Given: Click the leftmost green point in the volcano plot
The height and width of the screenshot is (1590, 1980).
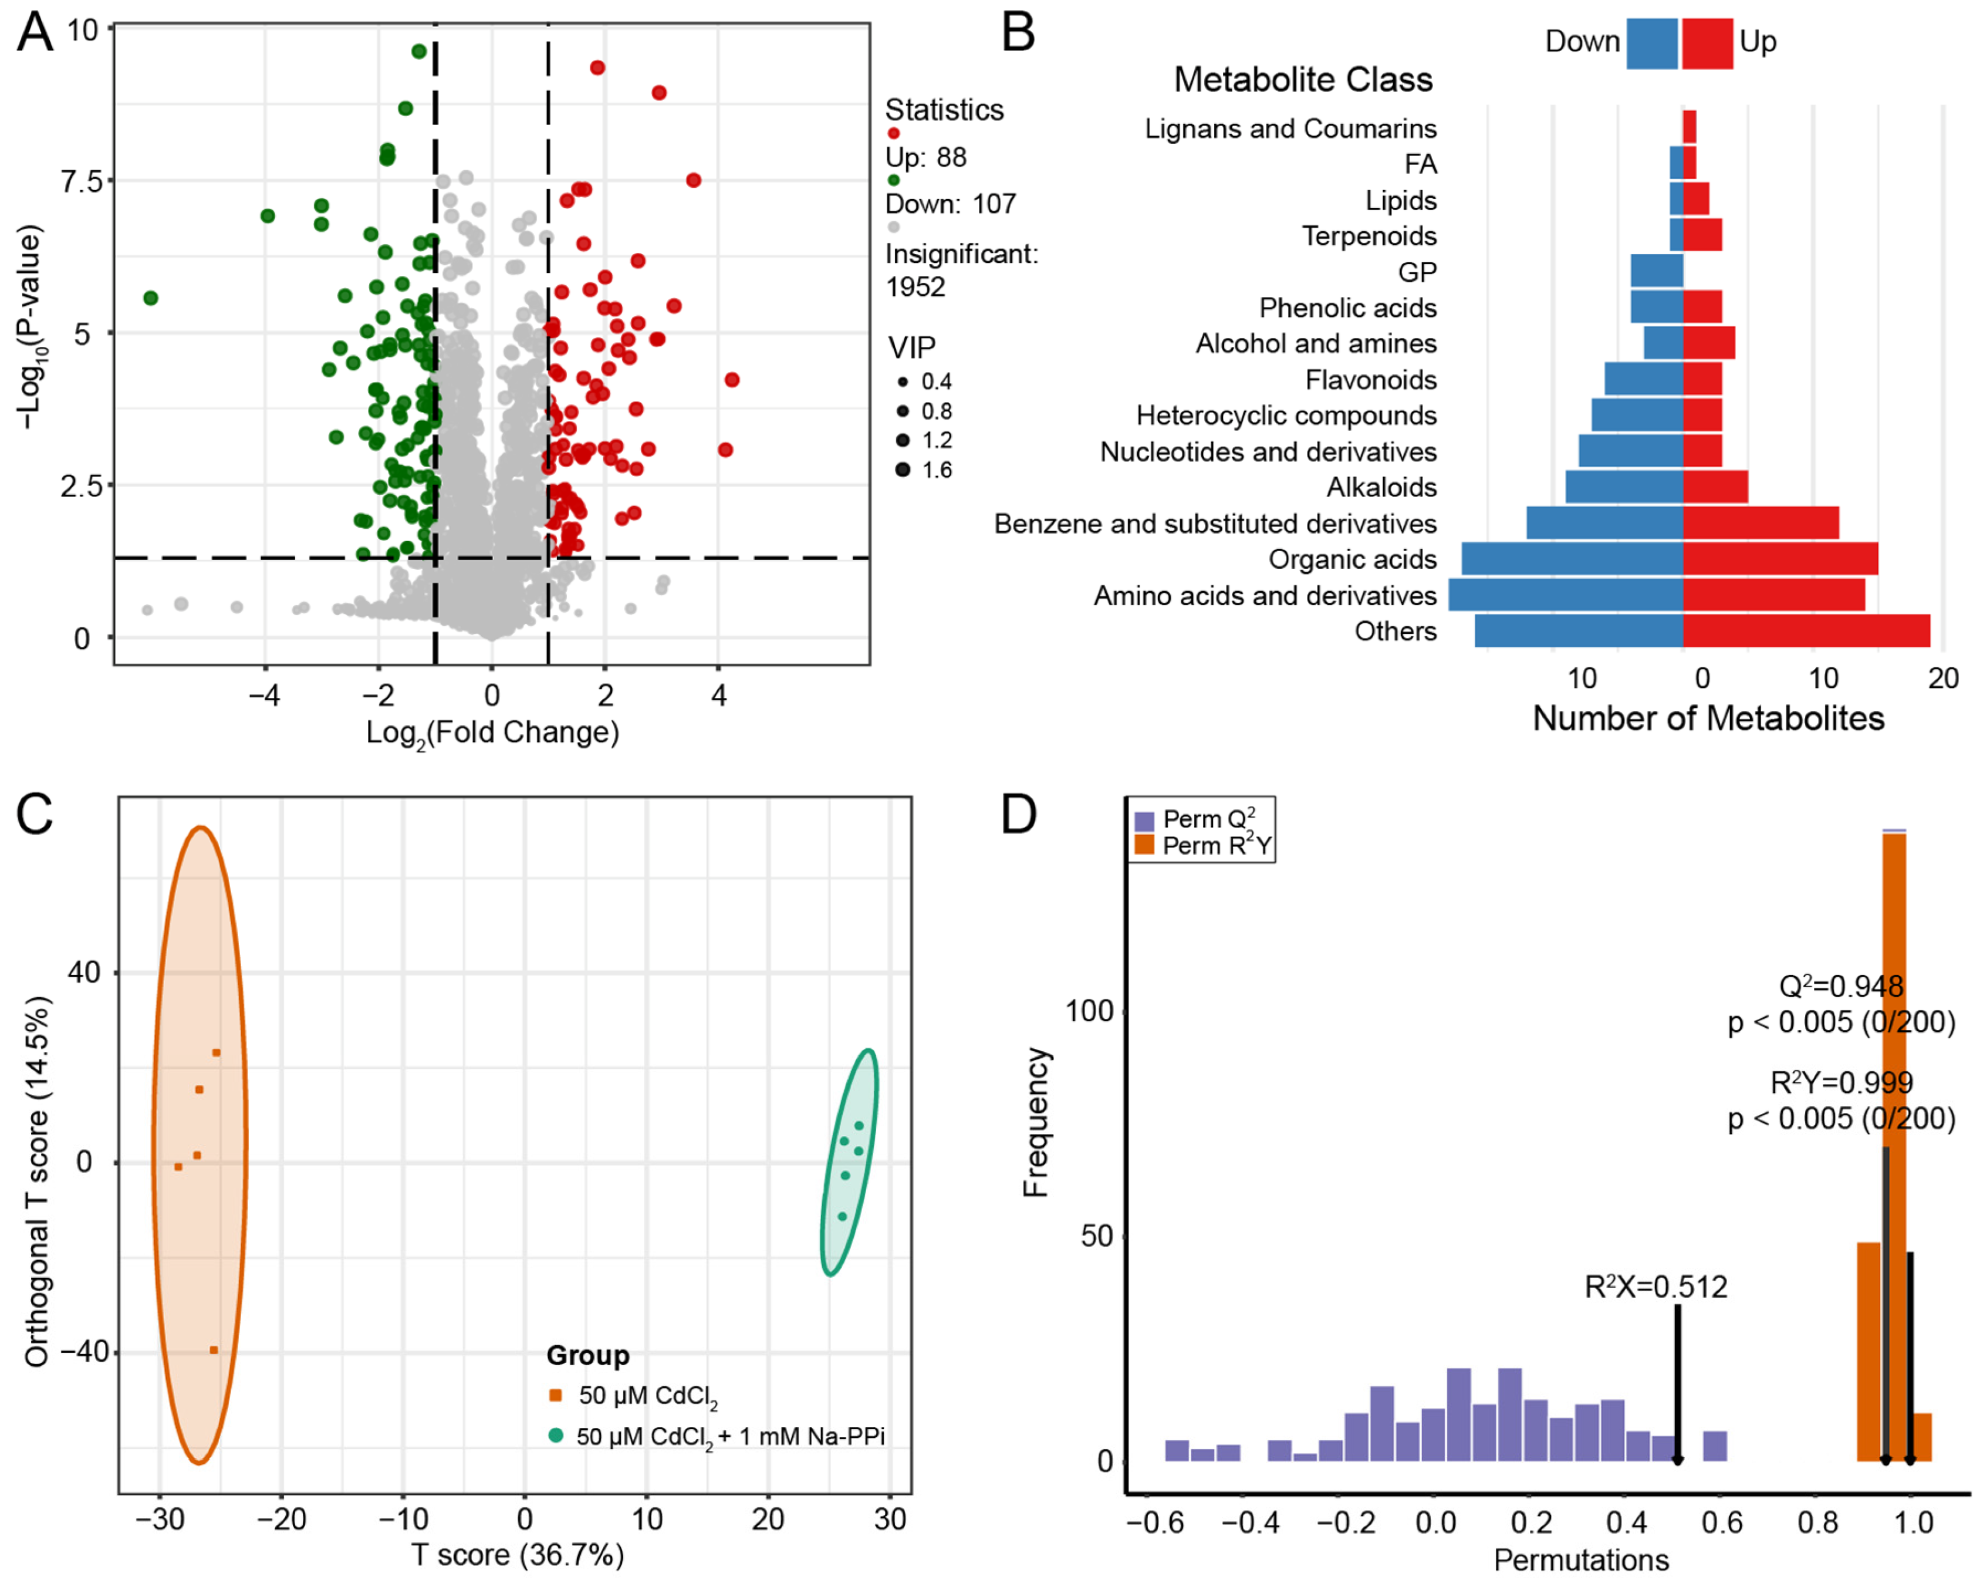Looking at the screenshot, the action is pos(151,298).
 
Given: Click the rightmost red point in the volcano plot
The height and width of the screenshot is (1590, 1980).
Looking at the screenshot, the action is pos(732,379).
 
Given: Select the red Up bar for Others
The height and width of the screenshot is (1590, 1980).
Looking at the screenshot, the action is pos(1806,631).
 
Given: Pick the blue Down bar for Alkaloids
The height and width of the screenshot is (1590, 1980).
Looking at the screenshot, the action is pos(1624,487).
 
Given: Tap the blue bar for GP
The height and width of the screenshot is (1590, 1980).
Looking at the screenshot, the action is pos(1657,271).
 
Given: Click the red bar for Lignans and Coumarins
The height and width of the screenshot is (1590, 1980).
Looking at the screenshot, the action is pos(1690,127).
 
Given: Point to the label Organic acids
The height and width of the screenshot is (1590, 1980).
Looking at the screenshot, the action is pos(1352,559).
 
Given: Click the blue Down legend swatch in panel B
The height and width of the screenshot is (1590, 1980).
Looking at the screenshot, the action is pos(1652,43).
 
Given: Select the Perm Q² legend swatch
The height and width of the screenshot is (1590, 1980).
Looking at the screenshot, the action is pos(1144,821).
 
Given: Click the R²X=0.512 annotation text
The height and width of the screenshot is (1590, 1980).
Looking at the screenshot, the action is pos(1656,1287).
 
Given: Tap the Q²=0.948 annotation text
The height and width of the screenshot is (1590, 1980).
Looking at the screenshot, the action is pos(1842,987).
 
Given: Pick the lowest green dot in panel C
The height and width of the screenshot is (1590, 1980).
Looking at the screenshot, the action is pos(842,1216).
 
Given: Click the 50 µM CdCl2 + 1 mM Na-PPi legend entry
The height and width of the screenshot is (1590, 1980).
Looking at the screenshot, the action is pos(717,1436).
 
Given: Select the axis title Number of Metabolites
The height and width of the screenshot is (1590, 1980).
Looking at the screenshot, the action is pos(1708,718).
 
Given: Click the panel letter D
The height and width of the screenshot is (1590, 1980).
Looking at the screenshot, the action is pos(1019,814).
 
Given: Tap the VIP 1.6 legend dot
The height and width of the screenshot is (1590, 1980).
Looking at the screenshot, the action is pos(903,470).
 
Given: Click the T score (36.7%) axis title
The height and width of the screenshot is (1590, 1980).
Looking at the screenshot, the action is pos(517,1555).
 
